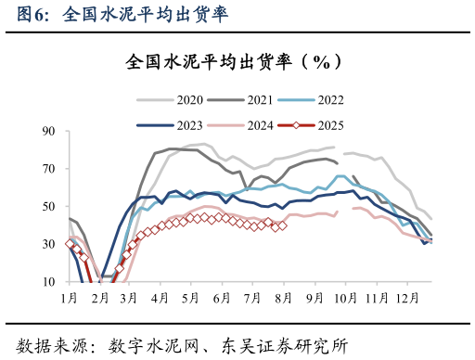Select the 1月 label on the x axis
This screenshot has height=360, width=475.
pos(69,298)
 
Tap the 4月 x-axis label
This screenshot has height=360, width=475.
pos(160,298)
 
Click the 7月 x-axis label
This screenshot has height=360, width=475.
pos(251,298)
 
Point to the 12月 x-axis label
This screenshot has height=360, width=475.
pos(404,298)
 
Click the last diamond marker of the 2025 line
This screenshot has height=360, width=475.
pos(282,225)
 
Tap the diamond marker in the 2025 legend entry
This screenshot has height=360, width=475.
pos(297,124)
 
